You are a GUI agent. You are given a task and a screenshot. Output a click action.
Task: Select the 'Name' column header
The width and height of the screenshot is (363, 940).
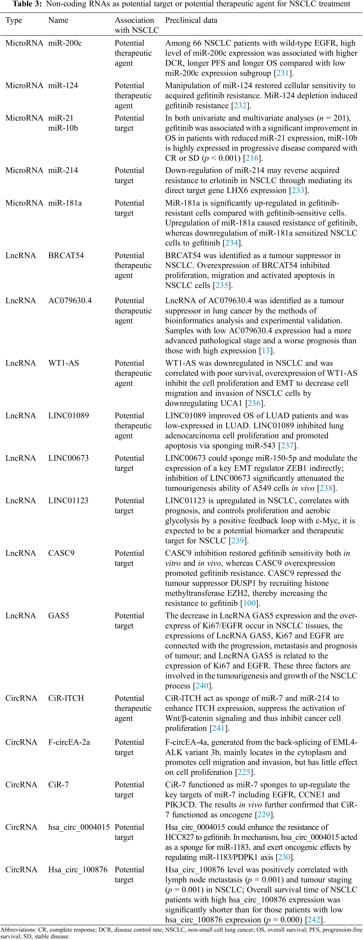58,20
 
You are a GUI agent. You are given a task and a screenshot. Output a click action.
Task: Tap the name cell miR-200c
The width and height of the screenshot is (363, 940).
65,43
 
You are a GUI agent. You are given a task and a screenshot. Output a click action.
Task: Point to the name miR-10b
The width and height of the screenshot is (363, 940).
63,128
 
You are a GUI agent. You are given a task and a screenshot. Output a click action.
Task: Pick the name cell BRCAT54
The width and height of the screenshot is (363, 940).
66,256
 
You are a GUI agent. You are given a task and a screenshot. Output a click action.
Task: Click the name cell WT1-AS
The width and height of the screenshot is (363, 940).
63,363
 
